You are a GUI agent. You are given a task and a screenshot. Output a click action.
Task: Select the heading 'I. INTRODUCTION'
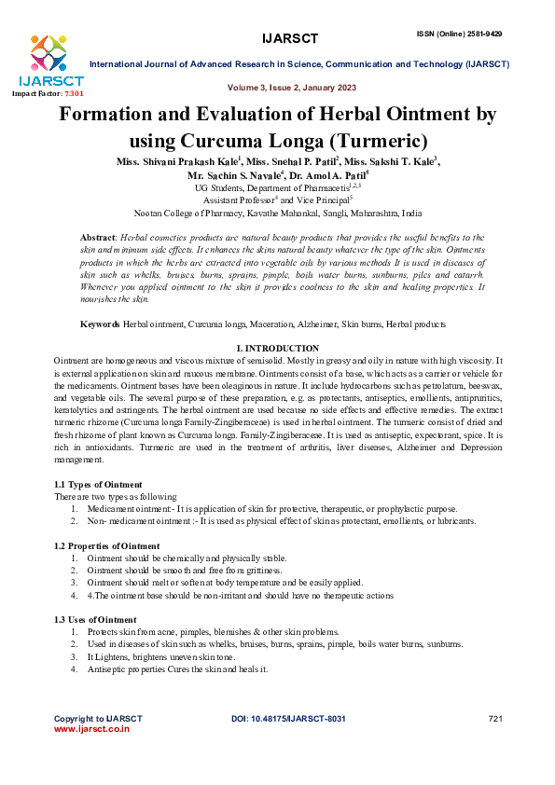pyautogui.click(x=277, y=348)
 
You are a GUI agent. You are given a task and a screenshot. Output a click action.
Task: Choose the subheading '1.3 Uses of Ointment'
pyautogui.click(x=95, y=620)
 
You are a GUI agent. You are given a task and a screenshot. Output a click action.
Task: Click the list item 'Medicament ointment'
pyautogui.click(x=130, y=509)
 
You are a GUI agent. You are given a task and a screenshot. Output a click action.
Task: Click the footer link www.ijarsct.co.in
pyautogui.click(x=91, y=729)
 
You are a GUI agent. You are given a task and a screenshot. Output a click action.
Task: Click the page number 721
pyautogui.click(x=495, y=719)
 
